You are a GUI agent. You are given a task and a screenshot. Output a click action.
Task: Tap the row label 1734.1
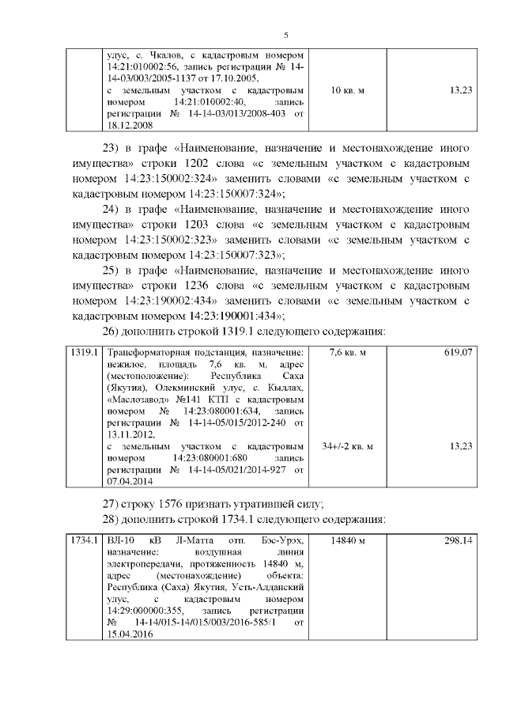tap(83, 540)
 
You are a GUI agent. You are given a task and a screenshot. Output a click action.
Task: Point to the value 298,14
tap(458, 540)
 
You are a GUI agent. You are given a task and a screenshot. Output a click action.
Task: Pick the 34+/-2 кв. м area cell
tap(346, 447)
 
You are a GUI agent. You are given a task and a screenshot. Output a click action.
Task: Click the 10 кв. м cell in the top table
tap(346, 91)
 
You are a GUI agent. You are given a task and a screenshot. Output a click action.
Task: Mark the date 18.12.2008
tap(130, 125)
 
